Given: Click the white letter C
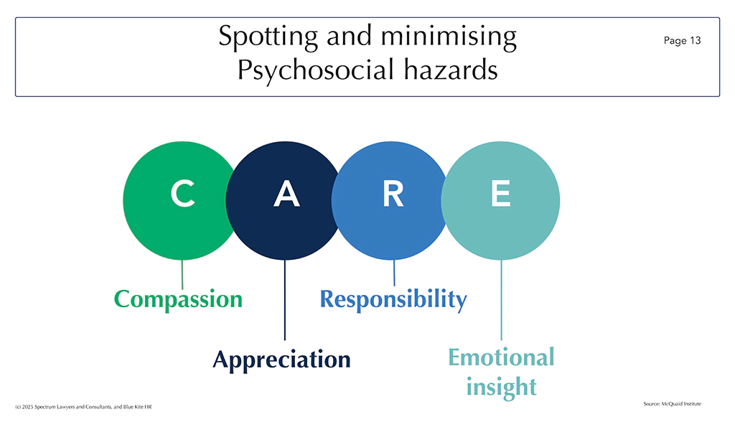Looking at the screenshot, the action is (183, 193).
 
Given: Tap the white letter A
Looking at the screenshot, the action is (286, 194).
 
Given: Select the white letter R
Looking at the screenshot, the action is (393, 194).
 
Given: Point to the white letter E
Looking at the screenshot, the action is (500, 194).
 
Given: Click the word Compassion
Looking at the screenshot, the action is (178, 299).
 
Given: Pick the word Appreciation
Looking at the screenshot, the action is (281, 360).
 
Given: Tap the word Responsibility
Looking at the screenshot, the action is (393, 299).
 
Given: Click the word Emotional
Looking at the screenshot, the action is (501, 357).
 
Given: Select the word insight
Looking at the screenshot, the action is (501, 387).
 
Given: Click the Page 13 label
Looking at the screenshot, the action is (682, 41).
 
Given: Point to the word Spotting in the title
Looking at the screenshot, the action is (268, 37).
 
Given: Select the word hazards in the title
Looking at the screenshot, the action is (451, 70).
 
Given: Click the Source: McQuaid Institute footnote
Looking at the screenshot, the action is (672, 403).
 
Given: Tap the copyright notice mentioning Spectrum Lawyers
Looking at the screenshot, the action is (83, 407).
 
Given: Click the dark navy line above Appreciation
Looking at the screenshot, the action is (284, 300).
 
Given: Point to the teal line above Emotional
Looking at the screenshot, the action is (501, 300).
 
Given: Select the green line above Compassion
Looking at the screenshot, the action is (182, 275).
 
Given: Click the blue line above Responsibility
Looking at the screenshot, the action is (394, 273).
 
